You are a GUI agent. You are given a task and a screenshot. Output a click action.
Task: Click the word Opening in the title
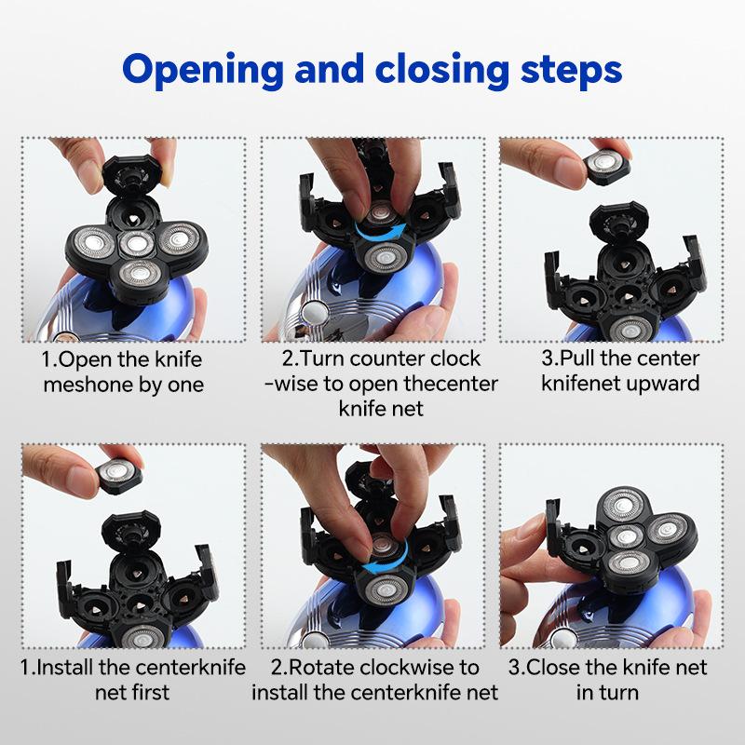[x=203, y=71]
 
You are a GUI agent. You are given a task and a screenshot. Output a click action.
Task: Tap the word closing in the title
[x=441, y=71]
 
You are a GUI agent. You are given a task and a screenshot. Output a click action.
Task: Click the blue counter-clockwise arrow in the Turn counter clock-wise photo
[x=381, y=232]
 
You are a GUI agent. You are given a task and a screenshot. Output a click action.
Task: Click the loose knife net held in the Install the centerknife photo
[x=119, y=476]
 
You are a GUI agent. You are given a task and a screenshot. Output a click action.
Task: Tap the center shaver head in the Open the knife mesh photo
[x=137, y=244]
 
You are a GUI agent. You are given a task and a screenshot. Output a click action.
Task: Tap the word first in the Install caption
[x=151, y=692]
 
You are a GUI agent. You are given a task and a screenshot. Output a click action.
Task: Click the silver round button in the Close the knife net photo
[x=563, y=638]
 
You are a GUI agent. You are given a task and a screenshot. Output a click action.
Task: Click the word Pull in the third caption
[x=575, y=359]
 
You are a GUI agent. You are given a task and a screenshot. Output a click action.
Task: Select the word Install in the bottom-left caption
[x=65, y=667]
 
